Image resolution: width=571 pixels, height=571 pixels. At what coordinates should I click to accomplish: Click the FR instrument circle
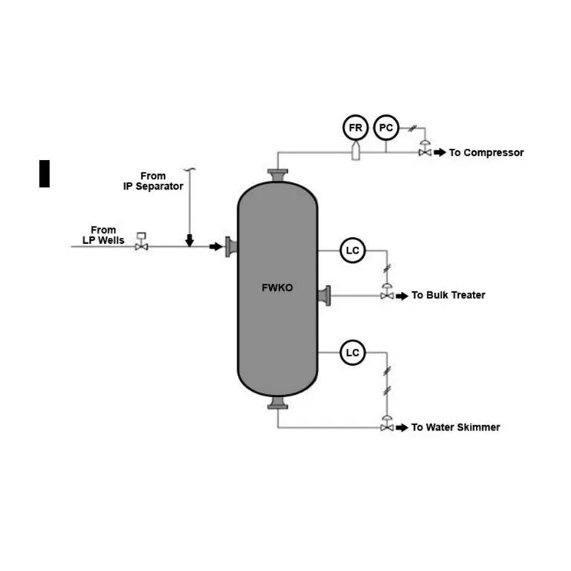tap(356, 128)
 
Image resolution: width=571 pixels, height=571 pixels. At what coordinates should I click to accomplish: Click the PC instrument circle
tap(385, 128)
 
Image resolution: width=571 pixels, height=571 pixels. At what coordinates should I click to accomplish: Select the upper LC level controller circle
tap(352, 251)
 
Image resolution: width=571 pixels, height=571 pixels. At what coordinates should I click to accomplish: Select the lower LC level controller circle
tap(352, 352)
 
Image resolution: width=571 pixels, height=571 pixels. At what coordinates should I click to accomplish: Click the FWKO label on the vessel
tap(277, 288)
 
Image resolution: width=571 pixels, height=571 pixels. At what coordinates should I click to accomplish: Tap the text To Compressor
tap(486, 152)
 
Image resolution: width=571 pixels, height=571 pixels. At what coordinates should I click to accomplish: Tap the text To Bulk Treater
tap(448, 295)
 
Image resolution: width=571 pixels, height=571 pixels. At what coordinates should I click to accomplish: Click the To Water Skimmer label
tap(456, 428)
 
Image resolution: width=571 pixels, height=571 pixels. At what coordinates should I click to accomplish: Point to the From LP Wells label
tap(103, 235)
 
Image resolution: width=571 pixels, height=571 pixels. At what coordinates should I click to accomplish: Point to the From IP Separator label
tap(153, 181)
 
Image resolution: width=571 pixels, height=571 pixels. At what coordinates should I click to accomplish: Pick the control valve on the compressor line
tap(425, 150)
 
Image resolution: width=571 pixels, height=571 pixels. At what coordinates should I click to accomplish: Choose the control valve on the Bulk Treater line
tap(387, 293)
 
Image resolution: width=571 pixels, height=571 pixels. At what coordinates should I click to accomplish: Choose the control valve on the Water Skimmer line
tap(387, 425)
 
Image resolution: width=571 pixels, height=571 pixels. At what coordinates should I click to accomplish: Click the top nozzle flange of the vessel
tap(278, 175)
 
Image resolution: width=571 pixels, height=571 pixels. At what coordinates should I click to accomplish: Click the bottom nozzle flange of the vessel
tap(278, 403)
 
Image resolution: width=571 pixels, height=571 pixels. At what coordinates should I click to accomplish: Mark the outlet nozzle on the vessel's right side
tap(324, 296)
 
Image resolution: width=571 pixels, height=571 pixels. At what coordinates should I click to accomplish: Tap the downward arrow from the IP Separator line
tap(190, 240)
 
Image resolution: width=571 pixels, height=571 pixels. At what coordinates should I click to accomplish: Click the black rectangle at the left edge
tap(45, 173)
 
